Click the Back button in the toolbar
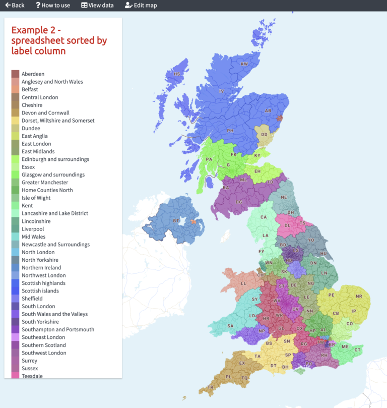(15, 6)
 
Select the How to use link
(53, 6)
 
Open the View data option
(98, 6)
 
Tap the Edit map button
(141, 6)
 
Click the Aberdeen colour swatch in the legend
(15, 74)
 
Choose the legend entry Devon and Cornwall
(45, 113)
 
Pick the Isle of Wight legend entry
(40, 198)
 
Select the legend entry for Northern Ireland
(41, 268)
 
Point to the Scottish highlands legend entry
(43, 283)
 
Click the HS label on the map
(176, 74)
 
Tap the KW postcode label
(244, 64)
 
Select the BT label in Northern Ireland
(176, 221)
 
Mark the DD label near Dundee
(264, 135)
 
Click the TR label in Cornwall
(211, 387)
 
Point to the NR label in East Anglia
(359, 296)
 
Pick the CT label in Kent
(358, 350)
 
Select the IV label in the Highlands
(221, 91)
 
